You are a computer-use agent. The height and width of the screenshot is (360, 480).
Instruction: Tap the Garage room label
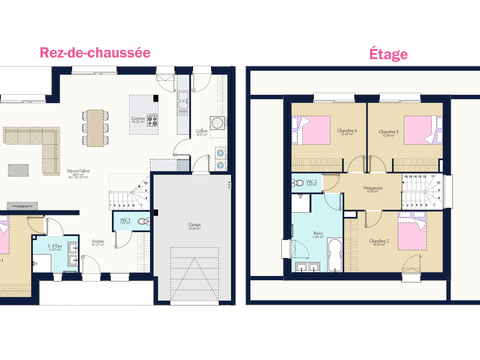194,227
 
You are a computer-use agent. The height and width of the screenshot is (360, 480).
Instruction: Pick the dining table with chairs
95,125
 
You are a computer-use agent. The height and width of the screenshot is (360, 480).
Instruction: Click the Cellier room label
201,132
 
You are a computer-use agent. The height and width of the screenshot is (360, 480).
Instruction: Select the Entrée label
98,241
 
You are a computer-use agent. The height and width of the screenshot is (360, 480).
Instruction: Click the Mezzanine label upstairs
373,189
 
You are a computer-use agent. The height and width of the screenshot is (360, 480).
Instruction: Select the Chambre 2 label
379,243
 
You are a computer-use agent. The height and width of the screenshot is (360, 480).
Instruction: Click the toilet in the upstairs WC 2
298,185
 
